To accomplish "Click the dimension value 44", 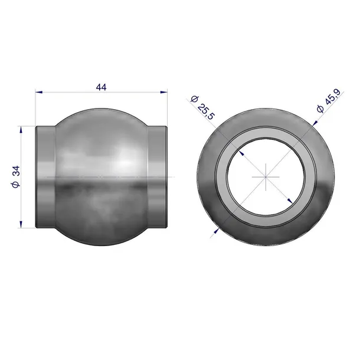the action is tap(102, 87).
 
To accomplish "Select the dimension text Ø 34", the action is tap(16, 177).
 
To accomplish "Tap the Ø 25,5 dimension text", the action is tap(202, 107).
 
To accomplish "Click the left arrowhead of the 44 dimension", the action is tap(39, 92).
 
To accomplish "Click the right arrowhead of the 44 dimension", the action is tap(164, 92).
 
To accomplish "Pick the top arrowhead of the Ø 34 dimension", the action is tap(21, 130).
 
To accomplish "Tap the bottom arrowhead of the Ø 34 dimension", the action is tap(21, 224).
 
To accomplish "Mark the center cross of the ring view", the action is tap(266, 177).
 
